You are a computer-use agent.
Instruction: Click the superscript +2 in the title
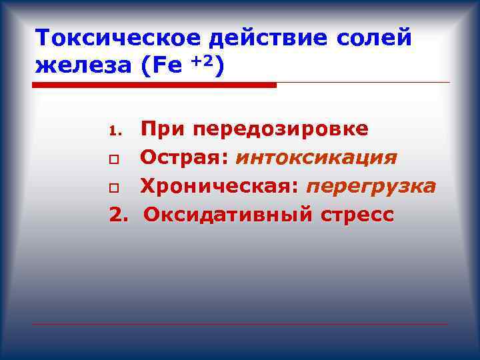[x=203, y=61]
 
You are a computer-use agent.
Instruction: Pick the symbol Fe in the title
[x=167, y=67]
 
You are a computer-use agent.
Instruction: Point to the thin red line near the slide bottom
[x=240, y=325]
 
